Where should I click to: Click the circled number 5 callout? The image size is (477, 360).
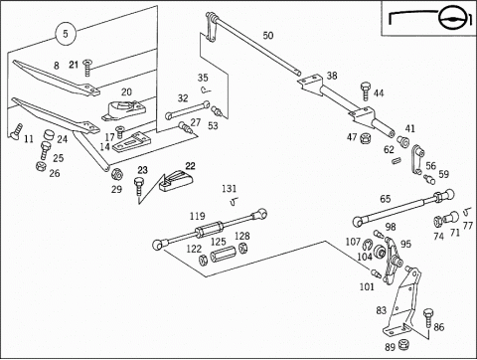(x=66, y=34)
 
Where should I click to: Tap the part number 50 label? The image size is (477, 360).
(x=268, y=36)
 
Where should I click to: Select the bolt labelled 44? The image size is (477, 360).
(x=365, y=90)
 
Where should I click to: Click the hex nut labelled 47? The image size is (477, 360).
(x=365, y=137)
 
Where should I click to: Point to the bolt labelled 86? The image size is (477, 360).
(x=427, y=318)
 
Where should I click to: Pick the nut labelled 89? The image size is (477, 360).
(x=402, y=345)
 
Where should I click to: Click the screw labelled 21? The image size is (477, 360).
(x=87, y=68)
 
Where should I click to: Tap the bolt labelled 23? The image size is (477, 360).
(x=138, y=186)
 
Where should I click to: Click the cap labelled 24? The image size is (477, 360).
(x=49, y=135)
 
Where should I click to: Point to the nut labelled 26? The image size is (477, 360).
(x=40, y=166)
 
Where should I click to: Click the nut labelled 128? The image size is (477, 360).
(x=243, y=248)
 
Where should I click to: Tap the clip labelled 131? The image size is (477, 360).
(x=235, y=201)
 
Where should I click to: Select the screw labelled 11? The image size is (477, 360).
(x=16, y=130)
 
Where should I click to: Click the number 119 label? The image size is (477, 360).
(x=198, y=217)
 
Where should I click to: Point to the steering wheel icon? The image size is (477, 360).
(x=452, y=18)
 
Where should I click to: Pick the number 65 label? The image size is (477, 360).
(x=386, y=199)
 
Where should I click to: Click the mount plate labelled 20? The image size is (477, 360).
(x=123, y=110)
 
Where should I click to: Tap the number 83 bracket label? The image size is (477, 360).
(x=382, y=310)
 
